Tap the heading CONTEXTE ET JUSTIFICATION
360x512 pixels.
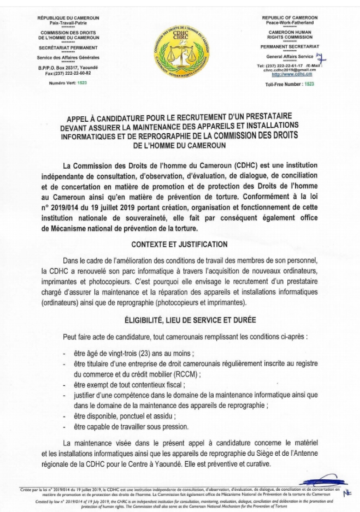[179, 245]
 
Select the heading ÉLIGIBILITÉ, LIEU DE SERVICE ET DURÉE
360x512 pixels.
[180, 320]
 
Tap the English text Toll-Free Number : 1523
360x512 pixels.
[290, 85]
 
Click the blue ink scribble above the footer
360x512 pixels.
[322, 482]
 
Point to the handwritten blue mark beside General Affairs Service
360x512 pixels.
[321, 58]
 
